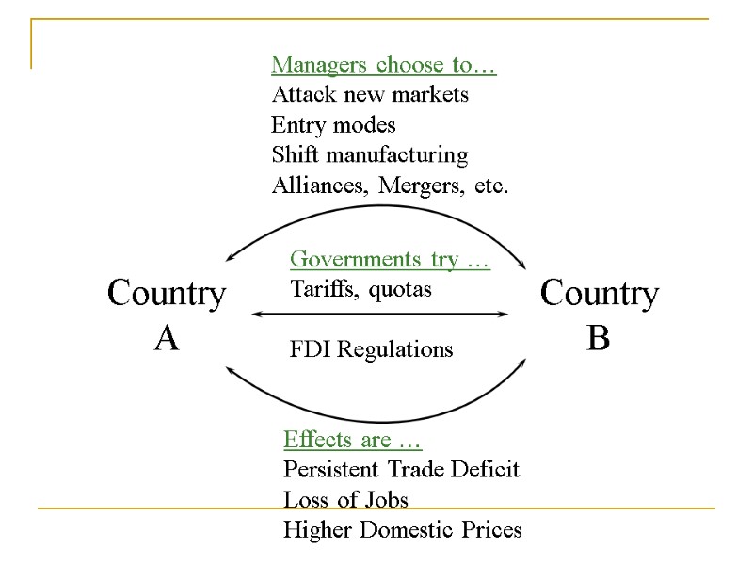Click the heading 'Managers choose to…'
click(x=383, y=65)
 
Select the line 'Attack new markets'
click(x=370, y=95)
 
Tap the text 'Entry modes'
click(x=333, y=125)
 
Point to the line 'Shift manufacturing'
click(x=369, y=155)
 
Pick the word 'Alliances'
click(x=320, y=186)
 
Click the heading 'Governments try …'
click(x=390, y=259)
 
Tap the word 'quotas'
click(x=400, y=289)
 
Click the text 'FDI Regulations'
click(x=371, y=349)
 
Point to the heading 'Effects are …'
click(x=352, y=440)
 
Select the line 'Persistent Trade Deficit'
click(x=401, y=469)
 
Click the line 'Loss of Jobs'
click(x=345, y=499)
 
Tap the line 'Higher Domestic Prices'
click(x=402, y=530)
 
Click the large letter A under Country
click(x=167, y=337)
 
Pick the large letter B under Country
click(x=598, y=337)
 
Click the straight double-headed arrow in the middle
click(x=380, y=315)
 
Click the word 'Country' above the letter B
click(x=599, y=294)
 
